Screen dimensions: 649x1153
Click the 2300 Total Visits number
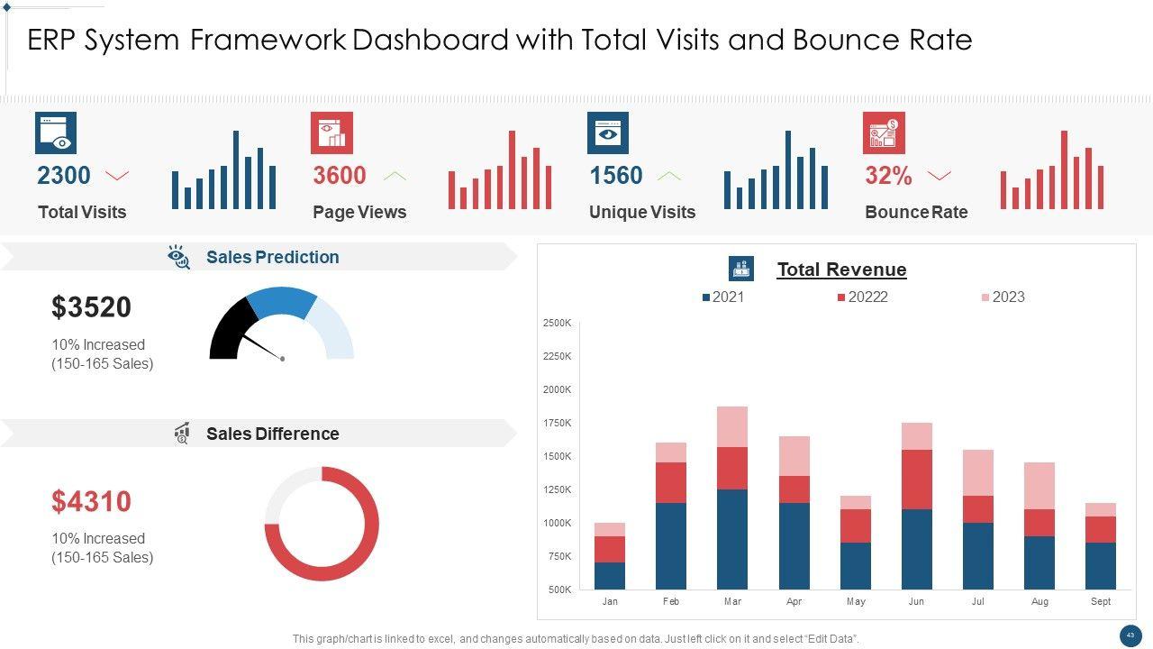[64, 176]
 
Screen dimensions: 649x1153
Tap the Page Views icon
[331, 133]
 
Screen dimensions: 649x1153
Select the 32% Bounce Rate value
[888, 177]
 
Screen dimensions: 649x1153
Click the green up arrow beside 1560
[668, 176]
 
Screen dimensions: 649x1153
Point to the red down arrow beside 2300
[117, 176]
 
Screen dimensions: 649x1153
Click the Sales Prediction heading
[272, 258]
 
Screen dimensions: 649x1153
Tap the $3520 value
[92, 307]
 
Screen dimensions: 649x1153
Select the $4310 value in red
[92, 501]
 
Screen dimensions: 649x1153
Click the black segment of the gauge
[231, 330]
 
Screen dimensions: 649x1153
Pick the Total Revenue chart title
[841, 270]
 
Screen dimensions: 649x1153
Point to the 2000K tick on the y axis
[557, 389]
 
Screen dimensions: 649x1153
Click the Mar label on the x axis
[732, 601]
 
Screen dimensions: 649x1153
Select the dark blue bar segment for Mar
[732, 539]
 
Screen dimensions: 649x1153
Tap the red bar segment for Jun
[917, 480]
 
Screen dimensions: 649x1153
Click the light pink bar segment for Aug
[1040, 486]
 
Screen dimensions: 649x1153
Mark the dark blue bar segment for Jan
[610, 575]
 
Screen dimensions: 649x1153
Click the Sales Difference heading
[272, 434]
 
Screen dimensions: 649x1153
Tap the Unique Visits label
[642, 213]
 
